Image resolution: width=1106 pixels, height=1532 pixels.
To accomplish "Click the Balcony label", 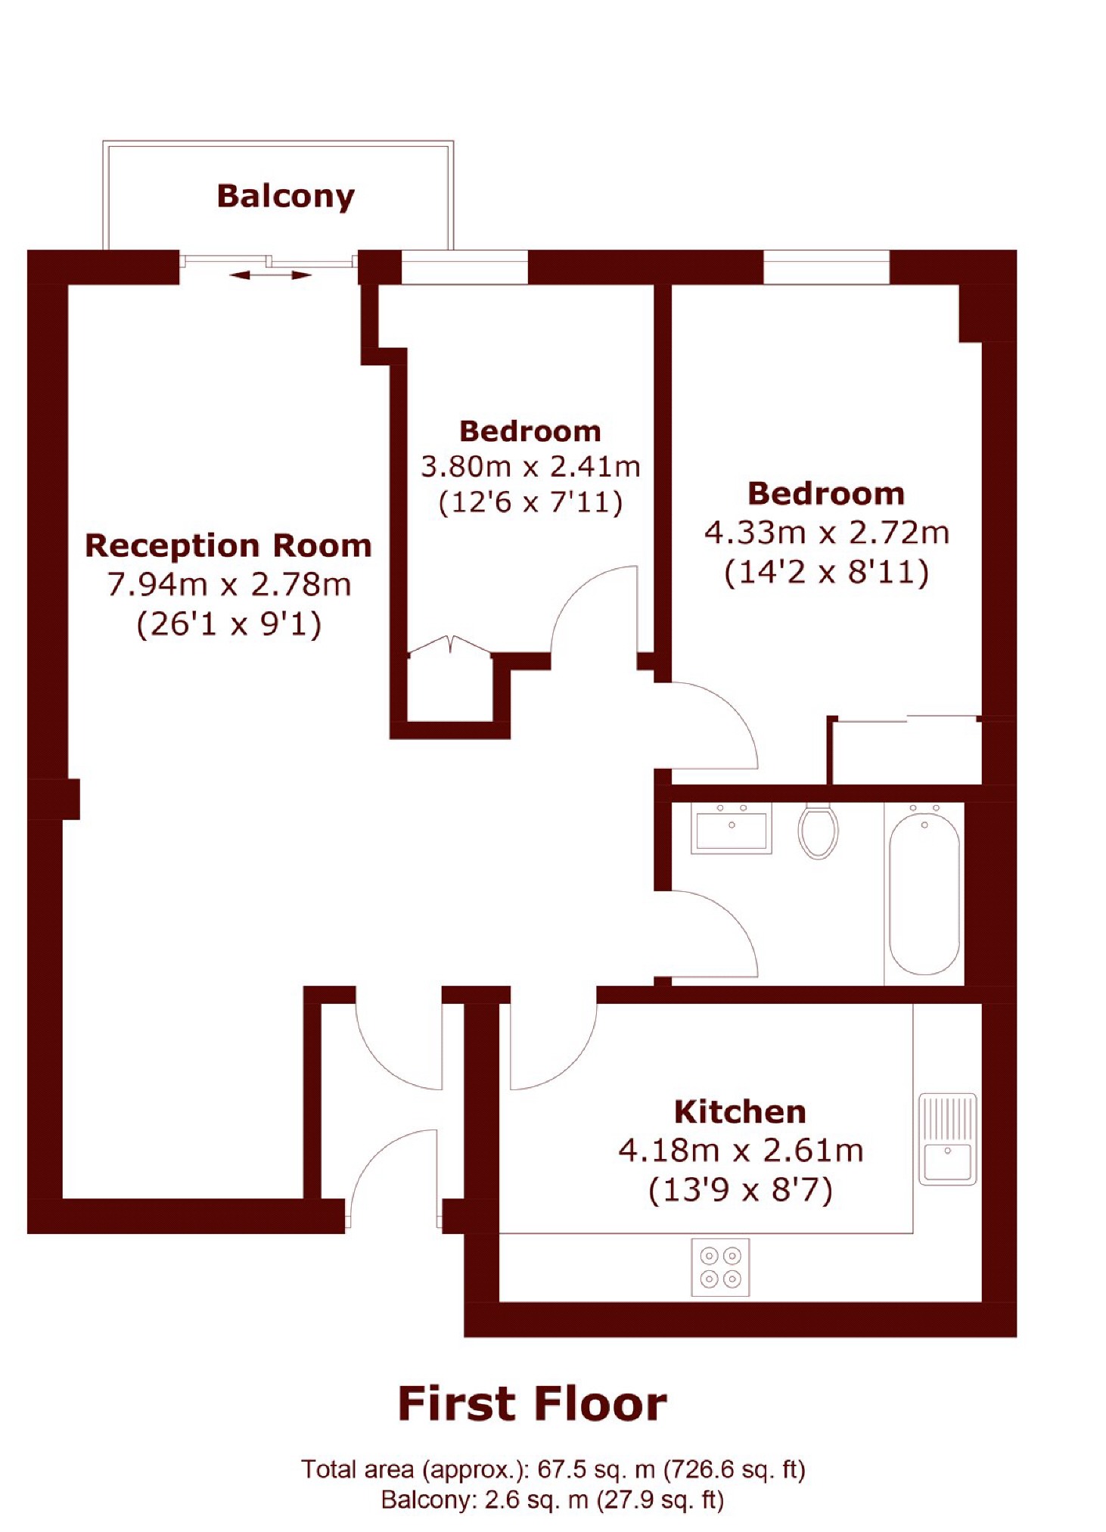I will (x=285, y=197).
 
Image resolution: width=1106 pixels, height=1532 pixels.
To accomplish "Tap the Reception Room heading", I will (x=228, y=545).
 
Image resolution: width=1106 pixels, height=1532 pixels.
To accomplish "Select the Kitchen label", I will (x=740, y=1111).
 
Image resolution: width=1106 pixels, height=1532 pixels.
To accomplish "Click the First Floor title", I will (x=532, y=1404).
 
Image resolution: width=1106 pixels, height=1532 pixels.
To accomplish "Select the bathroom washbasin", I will (x=731, y=828).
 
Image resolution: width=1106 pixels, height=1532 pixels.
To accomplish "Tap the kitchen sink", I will (x=947, y=1139).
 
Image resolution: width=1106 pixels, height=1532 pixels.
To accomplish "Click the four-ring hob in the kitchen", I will (x=720, y=1267).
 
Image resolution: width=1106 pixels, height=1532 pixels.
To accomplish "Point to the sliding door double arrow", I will (x=270, y=275).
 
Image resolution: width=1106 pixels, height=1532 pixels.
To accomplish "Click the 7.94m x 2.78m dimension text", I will (x=228, y=585).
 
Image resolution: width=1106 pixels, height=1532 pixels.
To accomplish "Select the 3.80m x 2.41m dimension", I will (x=530, y=467).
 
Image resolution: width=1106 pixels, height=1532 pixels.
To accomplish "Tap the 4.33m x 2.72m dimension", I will (x=826, y=533).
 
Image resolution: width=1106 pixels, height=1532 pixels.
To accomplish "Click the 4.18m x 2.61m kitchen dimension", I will (x=741, y=1151).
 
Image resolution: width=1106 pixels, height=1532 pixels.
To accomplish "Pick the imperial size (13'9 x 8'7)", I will (x=741, y=1190).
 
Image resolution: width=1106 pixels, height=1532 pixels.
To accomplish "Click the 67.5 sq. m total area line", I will (x=553, y=1469).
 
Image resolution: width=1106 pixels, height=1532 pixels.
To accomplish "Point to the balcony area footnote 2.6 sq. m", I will (x=552, y=1499).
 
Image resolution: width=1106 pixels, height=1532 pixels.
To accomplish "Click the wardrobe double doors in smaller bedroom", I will (x=450, y=645).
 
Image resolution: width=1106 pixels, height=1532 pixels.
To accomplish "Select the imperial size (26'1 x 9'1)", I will (x=228, y=624).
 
